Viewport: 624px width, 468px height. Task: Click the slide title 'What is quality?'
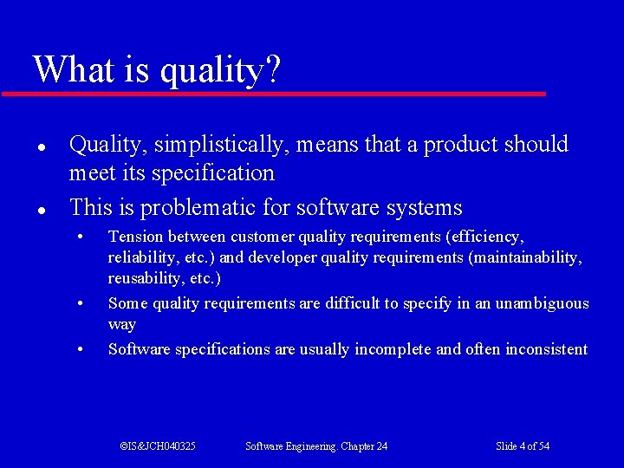(157, 69)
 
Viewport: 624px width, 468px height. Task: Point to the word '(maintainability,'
(525, 257)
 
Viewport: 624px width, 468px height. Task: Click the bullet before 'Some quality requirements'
(80, 304)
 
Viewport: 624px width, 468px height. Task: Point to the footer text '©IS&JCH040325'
(157, 446)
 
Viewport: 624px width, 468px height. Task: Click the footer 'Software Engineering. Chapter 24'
(316, 446)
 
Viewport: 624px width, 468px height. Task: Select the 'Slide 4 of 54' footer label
(522, 446)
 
